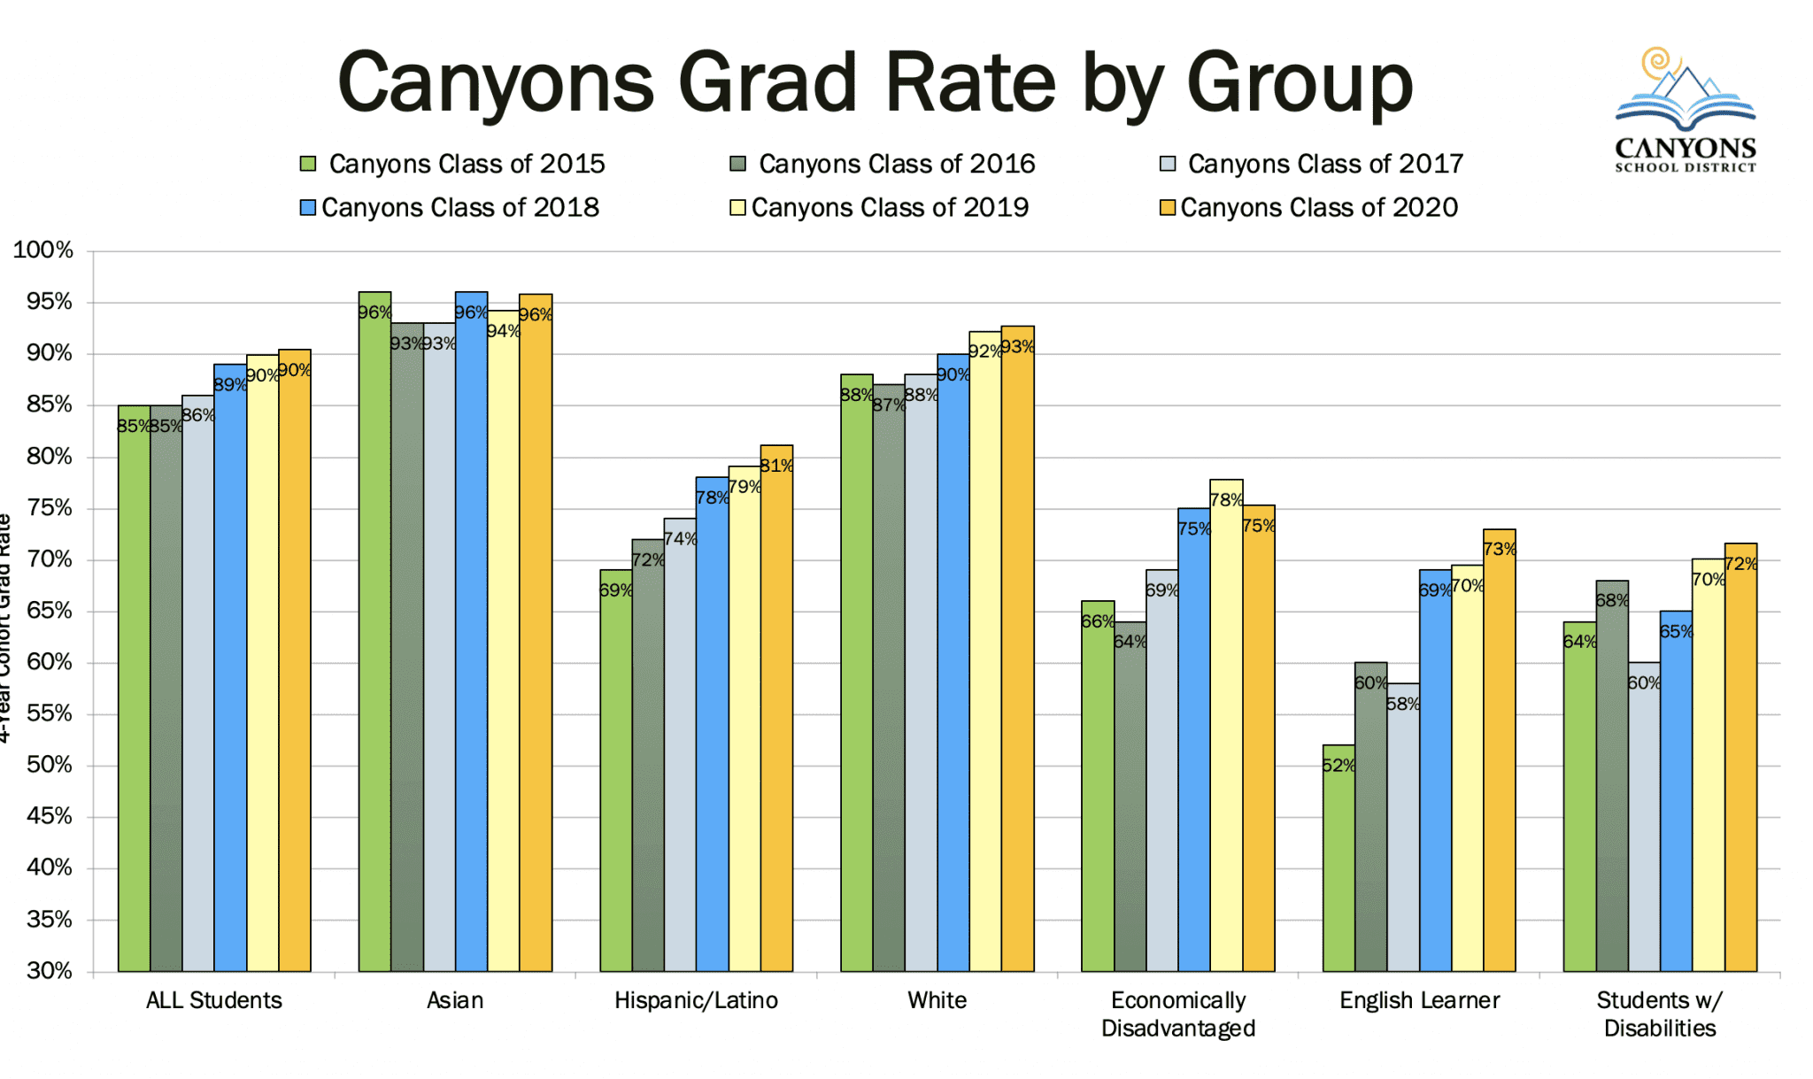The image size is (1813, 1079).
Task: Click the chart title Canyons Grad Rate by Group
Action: click(875, 84)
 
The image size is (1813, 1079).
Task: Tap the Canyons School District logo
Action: click(1685, 111)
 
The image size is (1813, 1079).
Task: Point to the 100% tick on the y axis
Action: click(42, 250)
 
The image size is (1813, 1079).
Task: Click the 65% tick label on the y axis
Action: click(49, 611)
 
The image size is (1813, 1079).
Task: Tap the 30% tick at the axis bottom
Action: click(49, 970)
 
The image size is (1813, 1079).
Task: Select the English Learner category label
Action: click(1419, 1000)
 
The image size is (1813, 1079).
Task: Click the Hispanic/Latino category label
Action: click(696, 1000)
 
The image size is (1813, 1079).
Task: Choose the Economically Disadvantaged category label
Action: click(1178, 1014)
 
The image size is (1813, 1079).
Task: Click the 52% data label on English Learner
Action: click(1339, 765)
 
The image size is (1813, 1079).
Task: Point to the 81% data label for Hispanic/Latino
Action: click(776, 466)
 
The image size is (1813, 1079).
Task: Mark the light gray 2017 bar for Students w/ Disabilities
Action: click(1644, 832)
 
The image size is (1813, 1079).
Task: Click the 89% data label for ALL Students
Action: click(230, 384)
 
